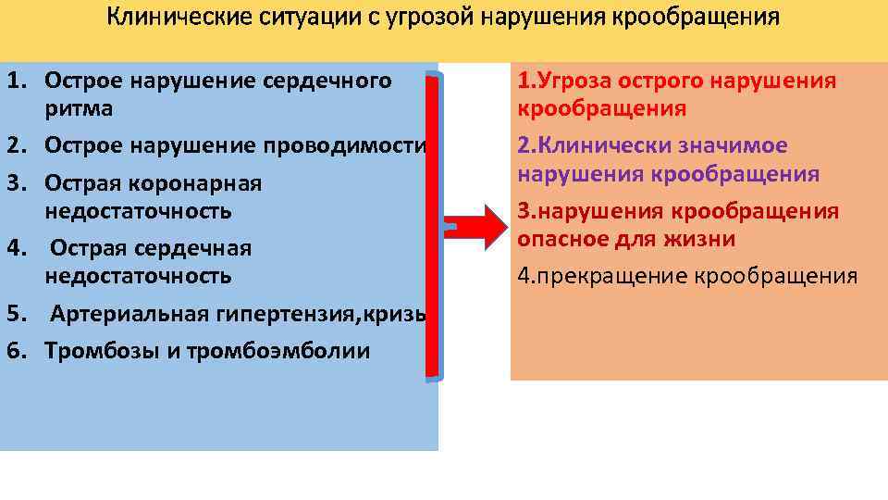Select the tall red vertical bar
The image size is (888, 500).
pos(433,227)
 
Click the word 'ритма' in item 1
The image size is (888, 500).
pos(79,109)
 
